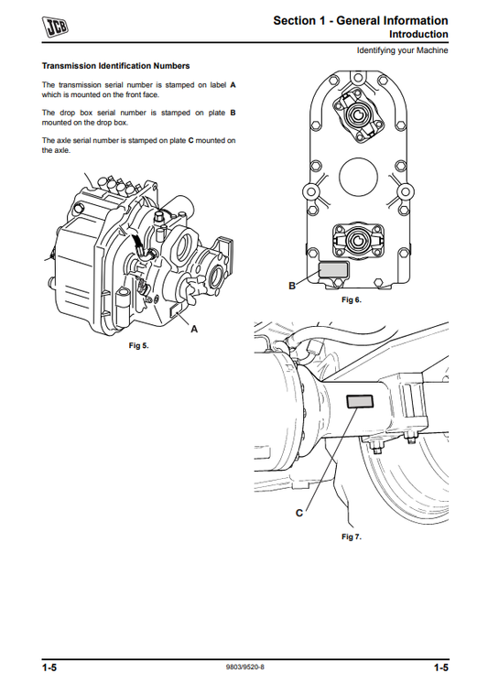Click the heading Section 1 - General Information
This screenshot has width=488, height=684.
(361, 20)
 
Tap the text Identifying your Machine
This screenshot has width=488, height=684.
(403, 50)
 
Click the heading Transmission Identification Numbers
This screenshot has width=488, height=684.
(116, 66)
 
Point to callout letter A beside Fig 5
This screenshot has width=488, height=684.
(194, 330)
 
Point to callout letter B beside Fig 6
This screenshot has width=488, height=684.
(292, 286)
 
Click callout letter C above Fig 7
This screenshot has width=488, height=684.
(298, 514)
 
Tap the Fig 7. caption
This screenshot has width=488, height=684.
(351, 537)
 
